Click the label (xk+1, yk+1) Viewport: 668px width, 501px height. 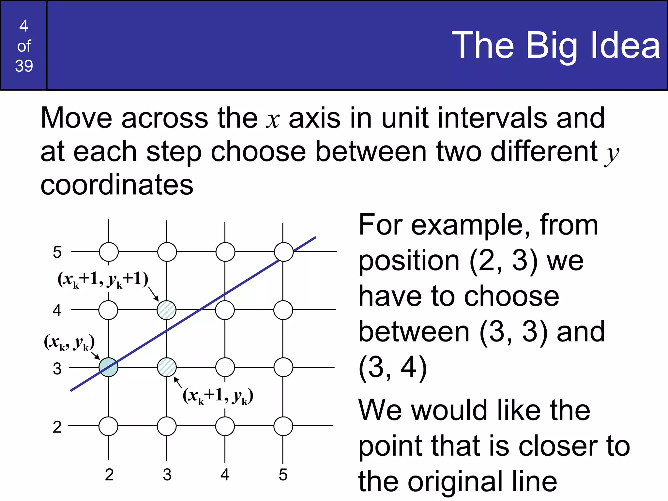point(103,280)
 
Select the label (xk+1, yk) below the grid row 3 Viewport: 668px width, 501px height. point(218,396)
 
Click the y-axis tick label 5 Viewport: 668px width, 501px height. point(57,252)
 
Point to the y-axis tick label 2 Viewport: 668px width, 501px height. point(57,427)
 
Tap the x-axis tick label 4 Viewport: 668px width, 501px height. point(225,475)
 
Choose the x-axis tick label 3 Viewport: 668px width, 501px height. point(167,475)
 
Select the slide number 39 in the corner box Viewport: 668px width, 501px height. point(24,66)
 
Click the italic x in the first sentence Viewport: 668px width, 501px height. point(273,120)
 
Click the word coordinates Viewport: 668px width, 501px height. point(117,185)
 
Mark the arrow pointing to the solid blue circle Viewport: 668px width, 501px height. point(95,356)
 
